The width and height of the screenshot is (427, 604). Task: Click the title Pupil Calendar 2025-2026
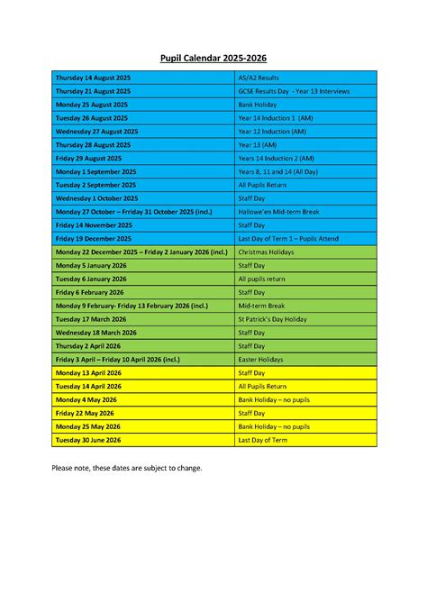point(213,59)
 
